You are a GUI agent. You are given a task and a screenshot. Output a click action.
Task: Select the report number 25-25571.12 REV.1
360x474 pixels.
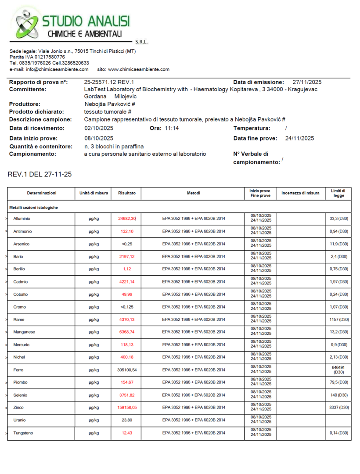pos(109,82)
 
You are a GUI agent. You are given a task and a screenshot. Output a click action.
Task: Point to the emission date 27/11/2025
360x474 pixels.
pos(307,82)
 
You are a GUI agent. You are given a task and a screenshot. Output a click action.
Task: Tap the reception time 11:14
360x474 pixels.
pos(172,128)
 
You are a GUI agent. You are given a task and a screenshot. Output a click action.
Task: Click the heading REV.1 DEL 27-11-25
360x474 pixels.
pos(40,174)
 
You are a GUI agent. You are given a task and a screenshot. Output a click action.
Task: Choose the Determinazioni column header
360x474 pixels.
pos(42,193)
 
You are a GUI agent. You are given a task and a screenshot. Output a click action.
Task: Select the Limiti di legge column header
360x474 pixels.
pos(338,193)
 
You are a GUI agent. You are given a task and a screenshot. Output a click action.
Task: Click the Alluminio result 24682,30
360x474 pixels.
pos(127,218)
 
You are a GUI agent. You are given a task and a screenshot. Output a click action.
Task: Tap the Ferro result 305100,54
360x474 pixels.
pos(127,370)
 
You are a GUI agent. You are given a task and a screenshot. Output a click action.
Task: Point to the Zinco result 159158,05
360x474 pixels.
pos(127,408)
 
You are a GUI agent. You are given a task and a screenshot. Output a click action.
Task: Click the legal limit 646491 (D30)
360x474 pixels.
pos(338,370)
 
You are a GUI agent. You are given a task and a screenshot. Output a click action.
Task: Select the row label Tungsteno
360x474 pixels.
pos(23,433)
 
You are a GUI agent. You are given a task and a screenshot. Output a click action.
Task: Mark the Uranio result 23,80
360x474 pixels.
pos(127,420)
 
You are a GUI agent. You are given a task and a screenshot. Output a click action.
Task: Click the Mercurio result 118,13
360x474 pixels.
pos(127,345)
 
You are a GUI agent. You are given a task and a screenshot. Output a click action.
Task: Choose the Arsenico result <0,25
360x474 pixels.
pos(127,244)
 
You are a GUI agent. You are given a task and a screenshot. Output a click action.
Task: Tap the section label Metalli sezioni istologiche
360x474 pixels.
pos(33,207)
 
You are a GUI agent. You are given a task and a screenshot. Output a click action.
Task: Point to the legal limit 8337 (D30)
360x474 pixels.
pos(339,408)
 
